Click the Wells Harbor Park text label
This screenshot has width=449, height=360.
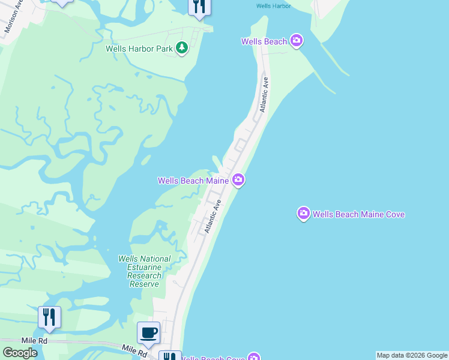[139, 49]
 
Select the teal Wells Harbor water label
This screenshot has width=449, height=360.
[273, 6]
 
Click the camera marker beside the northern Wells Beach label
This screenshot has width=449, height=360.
[296, 41]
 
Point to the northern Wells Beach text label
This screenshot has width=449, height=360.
[264, 41]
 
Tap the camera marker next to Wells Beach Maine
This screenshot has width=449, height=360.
[238, 180]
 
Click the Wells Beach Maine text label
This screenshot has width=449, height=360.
[193, 180]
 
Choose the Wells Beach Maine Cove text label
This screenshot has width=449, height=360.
[359, 214]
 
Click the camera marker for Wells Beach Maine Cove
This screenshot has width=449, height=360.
[304, 214]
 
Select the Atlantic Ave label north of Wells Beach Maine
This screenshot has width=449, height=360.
[264, 94]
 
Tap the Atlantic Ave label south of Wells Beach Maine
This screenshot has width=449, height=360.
[212, 217]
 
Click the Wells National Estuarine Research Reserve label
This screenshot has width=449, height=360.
[144, 271]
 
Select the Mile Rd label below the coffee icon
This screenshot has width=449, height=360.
[134, 351]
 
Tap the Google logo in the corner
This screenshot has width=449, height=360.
[20, 352]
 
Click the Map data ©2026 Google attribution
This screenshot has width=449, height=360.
[412, 355]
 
